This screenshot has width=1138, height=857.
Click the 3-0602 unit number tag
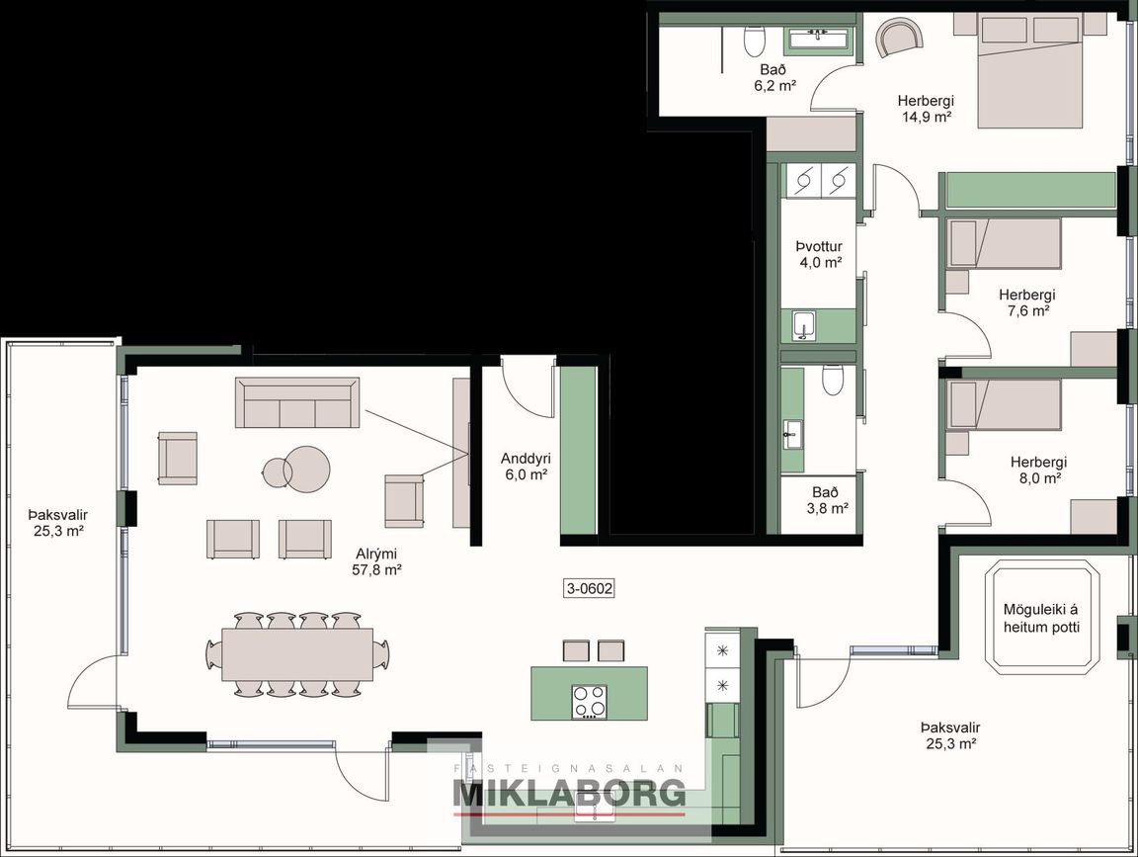(589, 588)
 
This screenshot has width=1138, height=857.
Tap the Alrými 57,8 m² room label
(376, 560)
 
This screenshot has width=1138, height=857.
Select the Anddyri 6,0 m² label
(526, 467)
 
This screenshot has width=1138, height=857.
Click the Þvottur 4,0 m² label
(820, 254)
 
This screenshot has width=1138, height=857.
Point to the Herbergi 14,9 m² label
(926, 108)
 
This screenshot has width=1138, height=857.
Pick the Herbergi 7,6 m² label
(1027, 302)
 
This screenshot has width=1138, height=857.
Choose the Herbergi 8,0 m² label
(1038, 470)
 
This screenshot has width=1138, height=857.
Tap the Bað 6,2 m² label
(774, 77)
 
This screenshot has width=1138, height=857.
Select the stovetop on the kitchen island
(590, 702)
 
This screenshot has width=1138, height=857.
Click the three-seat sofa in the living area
(297, 402)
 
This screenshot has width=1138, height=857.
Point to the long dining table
(297, 654)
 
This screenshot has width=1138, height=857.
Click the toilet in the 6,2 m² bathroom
(754, 42)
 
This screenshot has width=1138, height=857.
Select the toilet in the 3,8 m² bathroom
(832, 379)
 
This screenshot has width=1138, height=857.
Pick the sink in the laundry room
(804, 325)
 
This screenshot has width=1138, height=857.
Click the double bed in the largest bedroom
(1031, 71)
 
